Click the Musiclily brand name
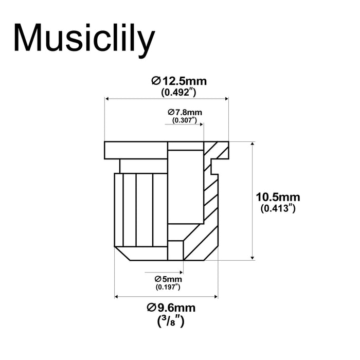click(x=84, y=39)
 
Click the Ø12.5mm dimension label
click(x=179, y=81)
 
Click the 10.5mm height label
click(x=278, y=197)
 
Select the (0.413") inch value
click(x=278, y=208)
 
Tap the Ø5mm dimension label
click(x=168, y=279)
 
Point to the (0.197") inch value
click(x=168, y=287)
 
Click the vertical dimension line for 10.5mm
click(x=252, y=201)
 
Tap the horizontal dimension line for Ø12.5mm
click(x=167, y=100)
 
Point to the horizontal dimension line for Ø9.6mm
click(x=166, y=296)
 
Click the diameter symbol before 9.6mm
click(x=151, y=308)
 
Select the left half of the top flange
click(x=136, y=150)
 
